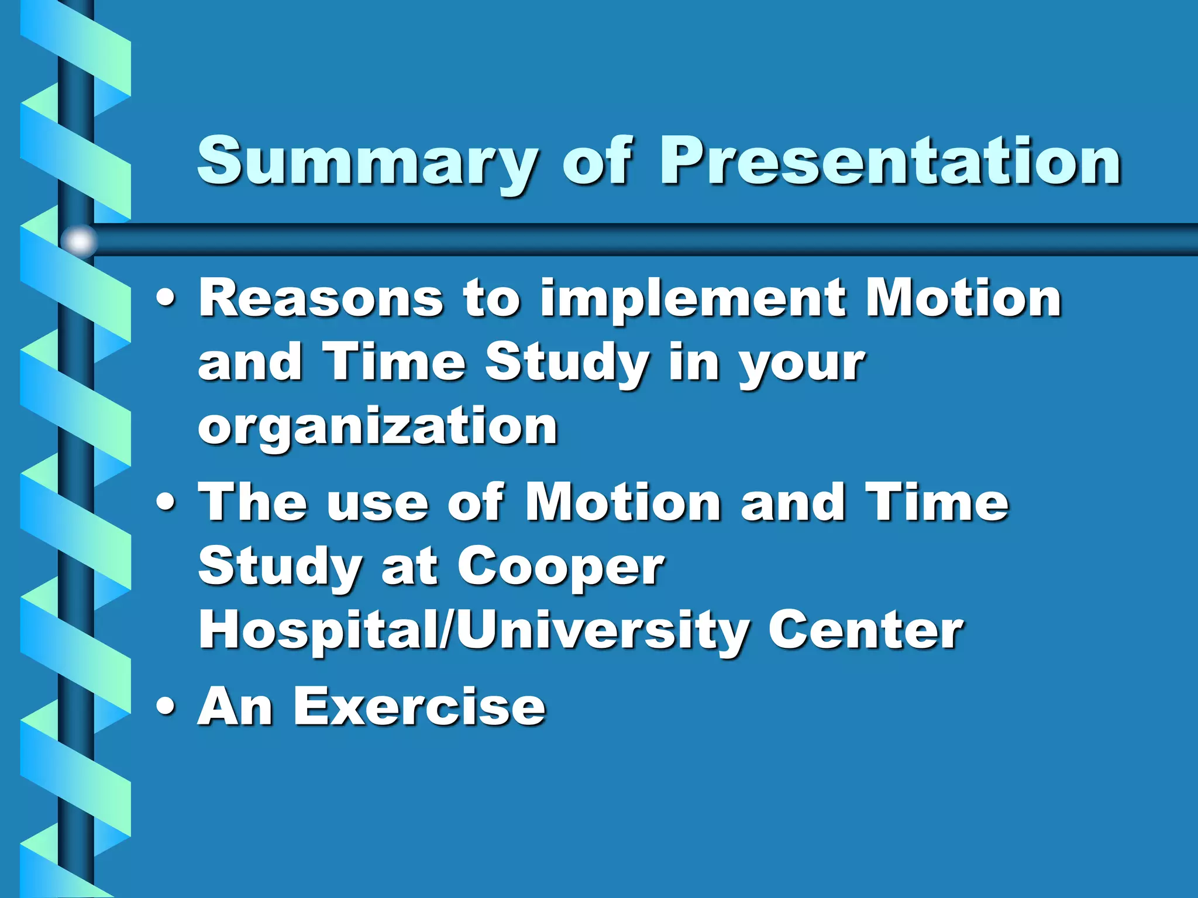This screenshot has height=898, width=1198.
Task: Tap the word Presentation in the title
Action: coord(890,161)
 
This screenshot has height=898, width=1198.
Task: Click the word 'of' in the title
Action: coord(597,160)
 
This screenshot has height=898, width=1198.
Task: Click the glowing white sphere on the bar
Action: coord(79,240)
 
